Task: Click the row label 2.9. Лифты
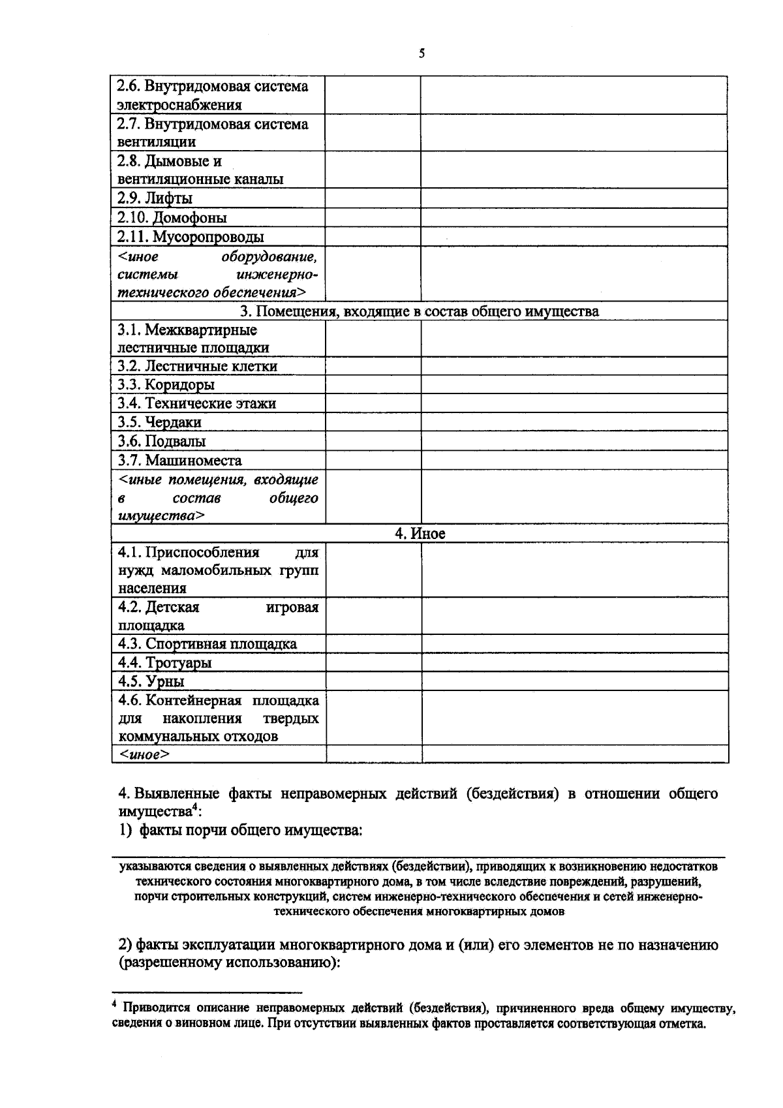click(155, 198)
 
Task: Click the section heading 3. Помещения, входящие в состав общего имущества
click(420, 311)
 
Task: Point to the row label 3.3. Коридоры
click(166, 385)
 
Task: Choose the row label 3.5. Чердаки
click(160, 422)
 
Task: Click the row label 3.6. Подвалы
click(162, 441)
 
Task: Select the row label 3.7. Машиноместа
click(180, 460)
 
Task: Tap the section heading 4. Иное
click(420, 534)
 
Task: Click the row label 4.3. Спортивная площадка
click(207, 644)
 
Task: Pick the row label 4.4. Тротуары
click(165, 663)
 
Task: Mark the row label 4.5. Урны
click(151, 681)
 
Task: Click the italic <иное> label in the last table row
click(144, 755)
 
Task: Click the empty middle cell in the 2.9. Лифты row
click(373, 198)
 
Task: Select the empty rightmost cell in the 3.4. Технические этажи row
click(574, 403)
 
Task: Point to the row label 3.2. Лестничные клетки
click(198, 366)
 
